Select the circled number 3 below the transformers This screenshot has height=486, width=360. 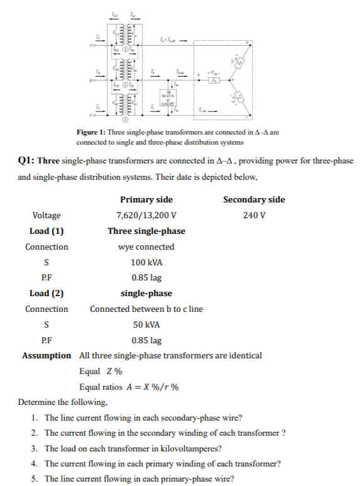coord(125,119)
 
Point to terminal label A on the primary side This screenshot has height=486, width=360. coord(91,45)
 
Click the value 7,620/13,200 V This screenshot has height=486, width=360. coord(146,216)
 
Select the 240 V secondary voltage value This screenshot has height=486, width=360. coord(253,216)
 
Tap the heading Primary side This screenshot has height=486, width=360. coord(146,200)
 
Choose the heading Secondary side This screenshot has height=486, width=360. coord(254,200)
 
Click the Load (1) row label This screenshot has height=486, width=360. coord(46,231)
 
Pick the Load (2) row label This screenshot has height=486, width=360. coord(46,293)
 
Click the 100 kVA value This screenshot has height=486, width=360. coord(146,262)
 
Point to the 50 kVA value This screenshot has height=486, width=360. coord(146,324)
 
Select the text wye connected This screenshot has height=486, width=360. coord(146,246)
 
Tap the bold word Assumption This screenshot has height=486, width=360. coord(46,355)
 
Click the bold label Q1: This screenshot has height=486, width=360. coord(29,160)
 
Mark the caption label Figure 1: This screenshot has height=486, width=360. coord(90,133)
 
